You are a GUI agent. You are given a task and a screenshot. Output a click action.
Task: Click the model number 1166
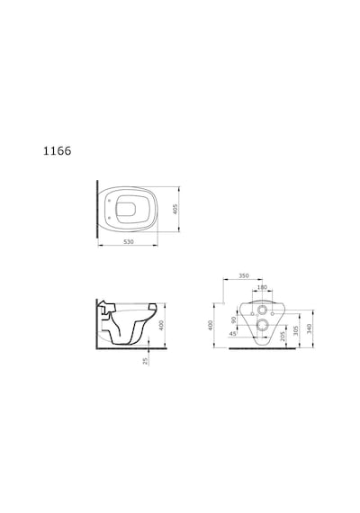pos(58,151)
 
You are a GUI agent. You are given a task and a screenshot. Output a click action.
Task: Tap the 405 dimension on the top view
pos(175,210)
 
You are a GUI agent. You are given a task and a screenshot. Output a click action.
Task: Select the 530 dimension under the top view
pos(129,242)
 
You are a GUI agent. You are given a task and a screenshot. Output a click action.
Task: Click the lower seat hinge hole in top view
pos(109,217)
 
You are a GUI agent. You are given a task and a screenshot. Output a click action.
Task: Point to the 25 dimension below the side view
pos(145,361)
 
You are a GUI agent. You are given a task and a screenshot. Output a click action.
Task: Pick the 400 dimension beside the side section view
pos(161,325)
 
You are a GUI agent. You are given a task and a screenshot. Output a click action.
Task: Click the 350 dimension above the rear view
pos(244,275)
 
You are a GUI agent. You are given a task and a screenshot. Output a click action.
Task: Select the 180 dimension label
pos(262,287)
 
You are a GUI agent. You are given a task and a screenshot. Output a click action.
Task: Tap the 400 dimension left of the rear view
pos(211,325)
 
